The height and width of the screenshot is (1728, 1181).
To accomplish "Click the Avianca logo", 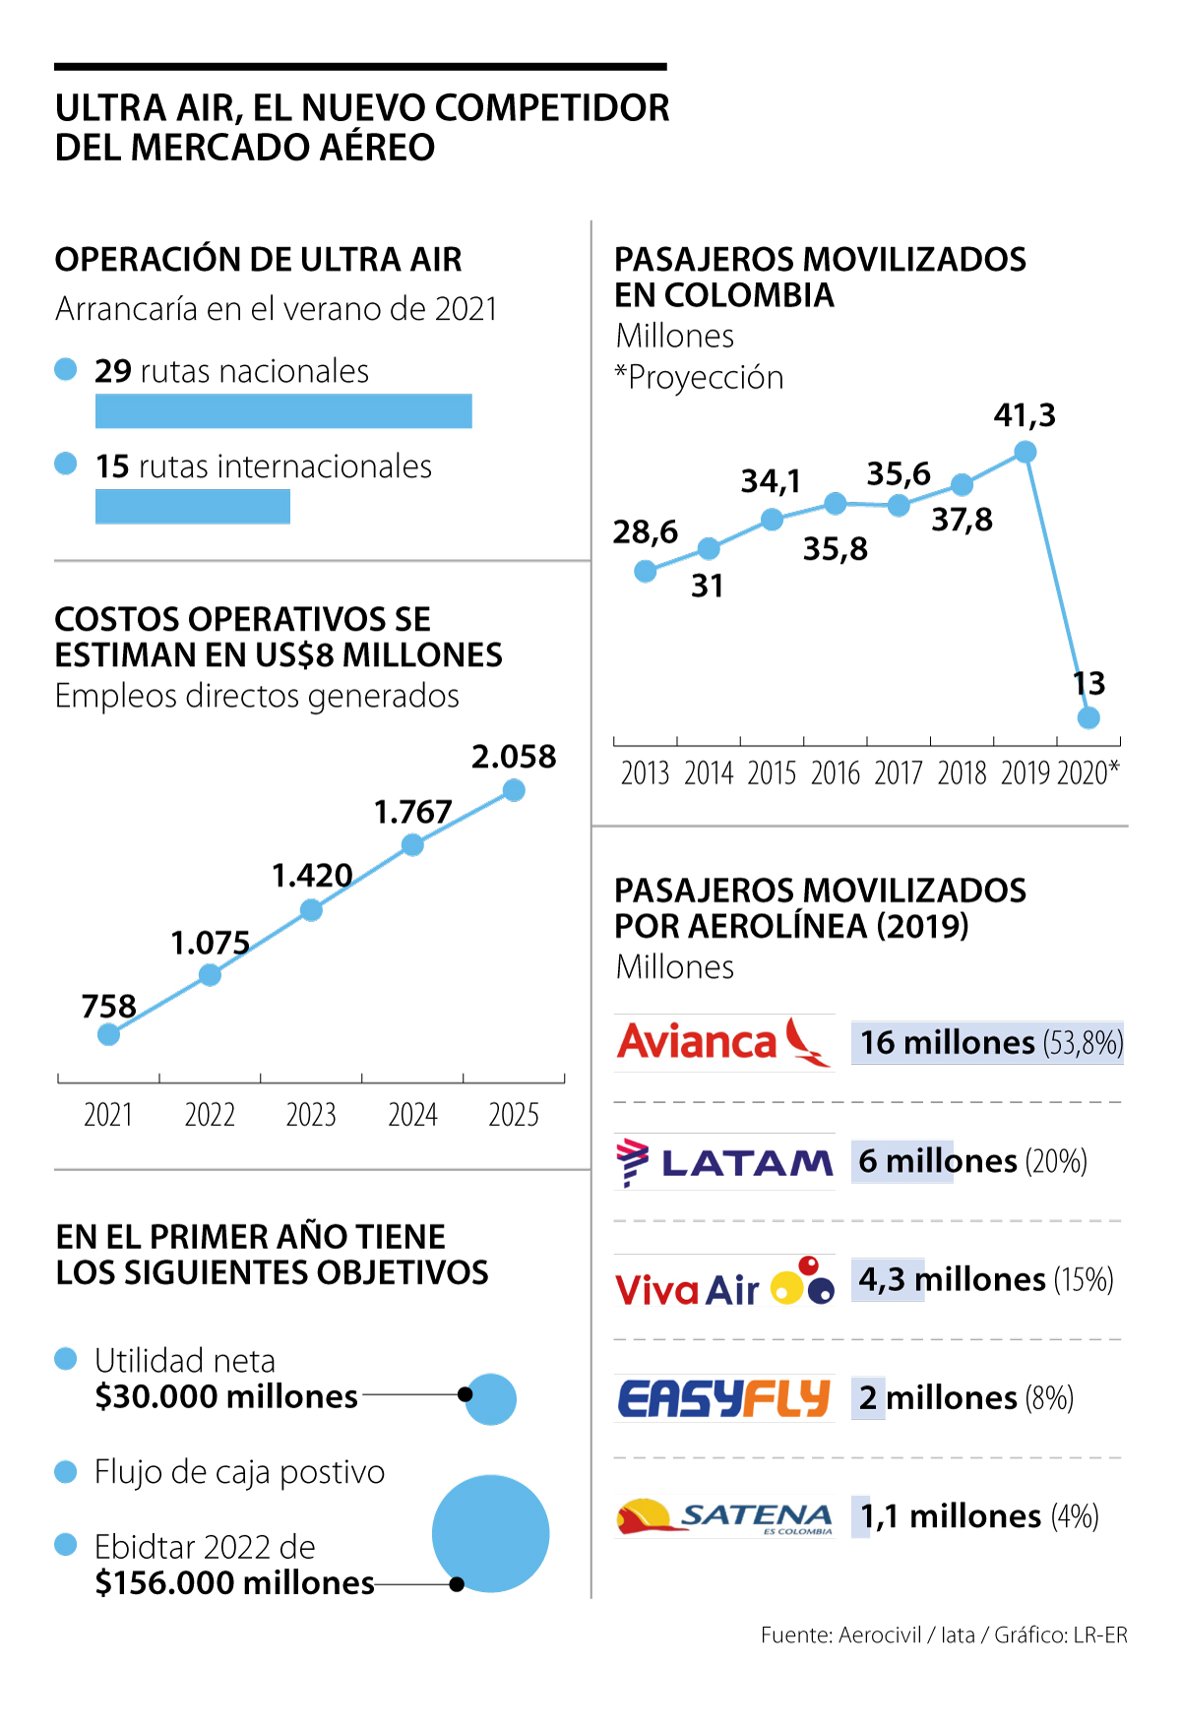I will pos(723,1043).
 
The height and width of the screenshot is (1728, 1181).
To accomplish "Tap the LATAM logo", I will pos(725,1162).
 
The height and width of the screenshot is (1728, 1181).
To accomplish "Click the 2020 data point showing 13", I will pos(1088,717).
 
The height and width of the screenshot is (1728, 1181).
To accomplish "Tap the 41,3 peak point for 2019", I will pos(1025,452).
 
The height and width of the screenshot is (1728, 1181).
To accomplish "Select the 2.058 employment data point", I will pos(514,790).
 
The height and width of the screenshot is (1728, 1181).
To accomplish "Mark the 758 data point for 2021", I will pos(109,1034).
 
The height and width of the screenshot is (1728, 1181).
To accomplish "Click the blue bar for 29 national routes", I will pos(283,411).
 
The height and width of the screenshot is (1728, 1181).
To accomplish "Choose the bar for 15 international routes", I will pos(193,507).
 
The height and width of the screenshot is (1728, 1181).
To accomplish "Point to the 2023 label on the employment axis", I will pos(311,1115).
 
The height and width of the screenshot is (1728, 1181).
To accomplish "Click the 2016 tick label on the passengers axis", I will pos(836,773).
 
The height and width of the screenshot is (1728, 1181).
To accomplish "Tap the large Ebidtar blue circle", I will pos(490,1533).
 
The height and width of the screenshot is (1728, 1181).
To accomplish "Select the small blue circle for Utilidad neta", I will pos(491,1398).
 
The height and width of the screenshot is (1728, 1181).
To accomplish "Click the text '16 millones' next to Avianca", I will pos(948,1043).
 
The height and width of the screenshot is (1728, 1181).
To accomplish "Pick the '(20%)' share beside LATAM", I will pos(1056,1162).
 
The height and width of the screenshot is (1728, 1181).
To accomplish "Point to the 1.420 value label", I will pos(312,875).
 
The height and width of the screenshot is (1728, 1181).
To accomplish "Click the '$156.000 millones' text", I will pos(234,1583).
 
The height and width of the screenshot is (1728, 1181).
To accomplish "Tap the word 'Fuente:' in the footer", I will pos(796,1635).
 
